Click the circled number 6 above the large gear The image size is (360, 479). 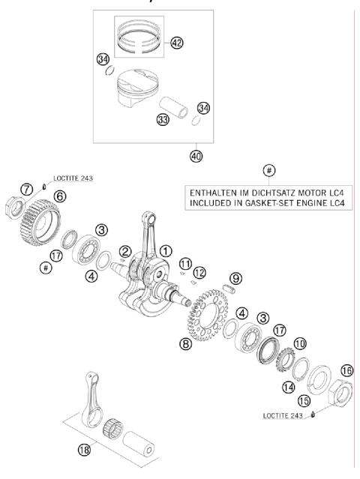pyautogui.click(x=59, y=196)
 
